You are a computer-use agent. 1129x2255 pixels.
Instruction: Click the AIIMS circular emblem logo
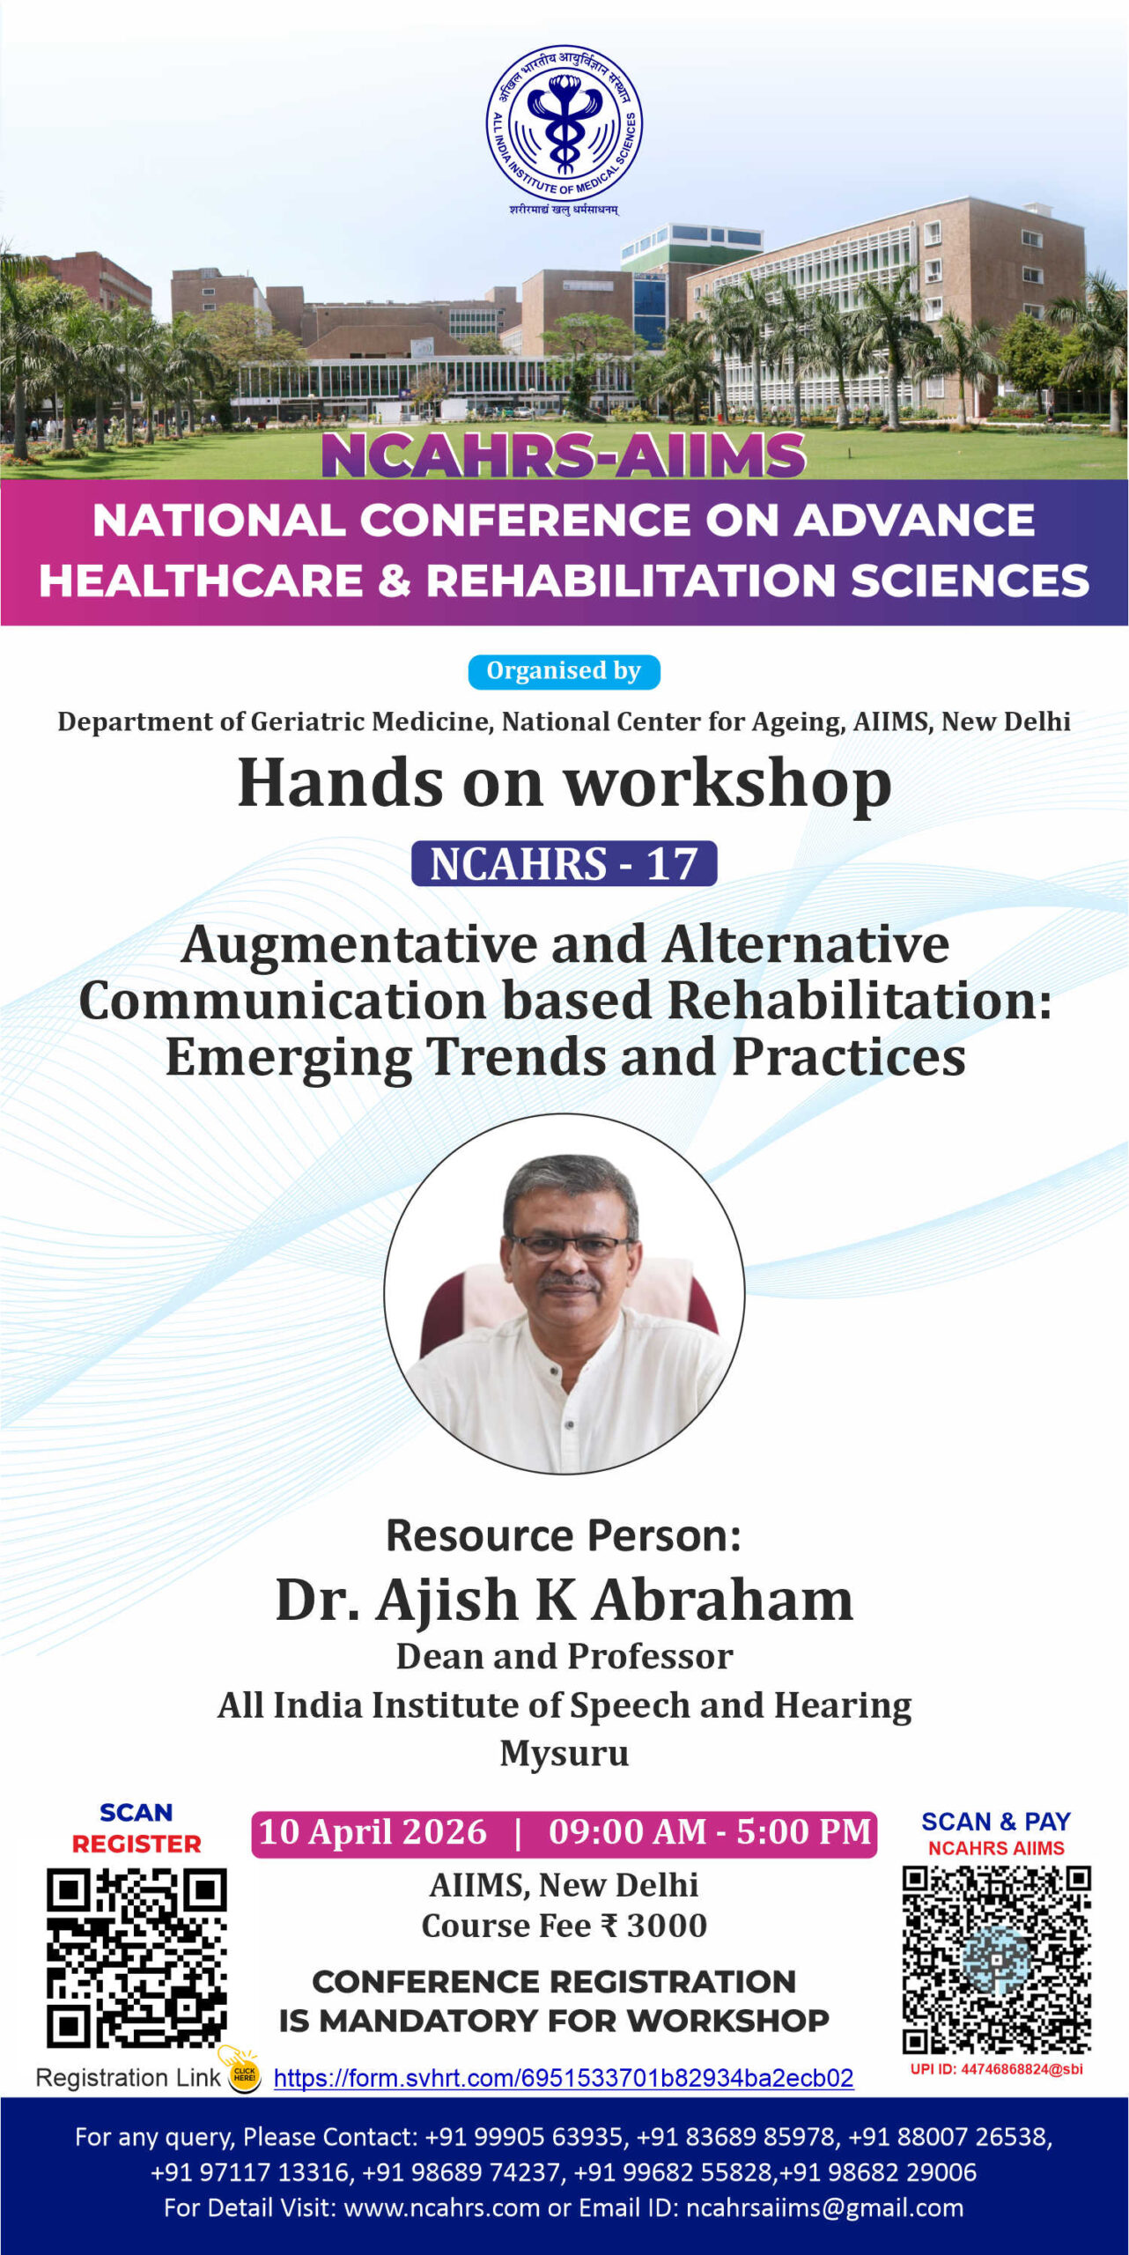click(x=564, y=123)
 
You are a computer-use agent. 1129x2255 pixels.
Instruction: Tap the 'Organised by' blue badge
click(x=564, y=671)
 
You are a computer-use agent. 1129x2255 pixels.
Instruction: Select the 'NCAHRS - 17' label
click(x=564, y=863)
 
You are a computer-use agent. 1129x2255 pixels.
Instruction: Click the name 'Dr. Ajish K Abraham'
click(x=564, y=1599)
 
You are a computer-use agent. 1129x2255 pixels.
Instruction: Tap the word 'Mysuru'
click(x=564, y=1753)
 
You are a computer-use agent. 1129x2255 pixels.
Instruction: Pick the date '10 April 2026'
click(x=373, y=1831)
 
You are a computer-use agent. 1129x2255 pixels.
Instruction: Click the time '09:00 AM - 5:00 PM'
click(x=710, y=1831)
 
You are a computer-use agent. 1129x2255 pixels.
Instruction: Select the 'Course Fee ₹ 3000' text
click(x=564, y=1926)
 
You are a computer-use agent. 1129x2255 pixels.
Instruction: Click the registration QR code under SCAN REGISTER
click(x=137, y=1957)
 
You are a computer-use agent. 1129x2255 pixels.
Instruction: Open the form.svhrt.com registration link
click(x=564, y=2078)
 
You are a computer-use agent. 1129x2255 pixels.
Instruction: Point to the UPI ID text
click(x=997, y=2069)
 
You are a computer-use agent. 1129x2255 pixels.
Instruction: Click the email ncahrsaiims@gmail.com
click(x=825, y=2207)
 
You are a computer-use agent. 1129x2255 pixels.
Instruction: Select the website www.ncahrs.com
click(x=441, y=2207)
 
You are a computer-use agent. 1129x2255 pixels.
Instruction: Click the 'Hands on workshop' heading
click(x=564, y=784)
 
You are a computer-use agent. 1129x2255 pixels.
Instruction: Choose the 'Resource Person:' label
click(x=564, y=1535)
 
